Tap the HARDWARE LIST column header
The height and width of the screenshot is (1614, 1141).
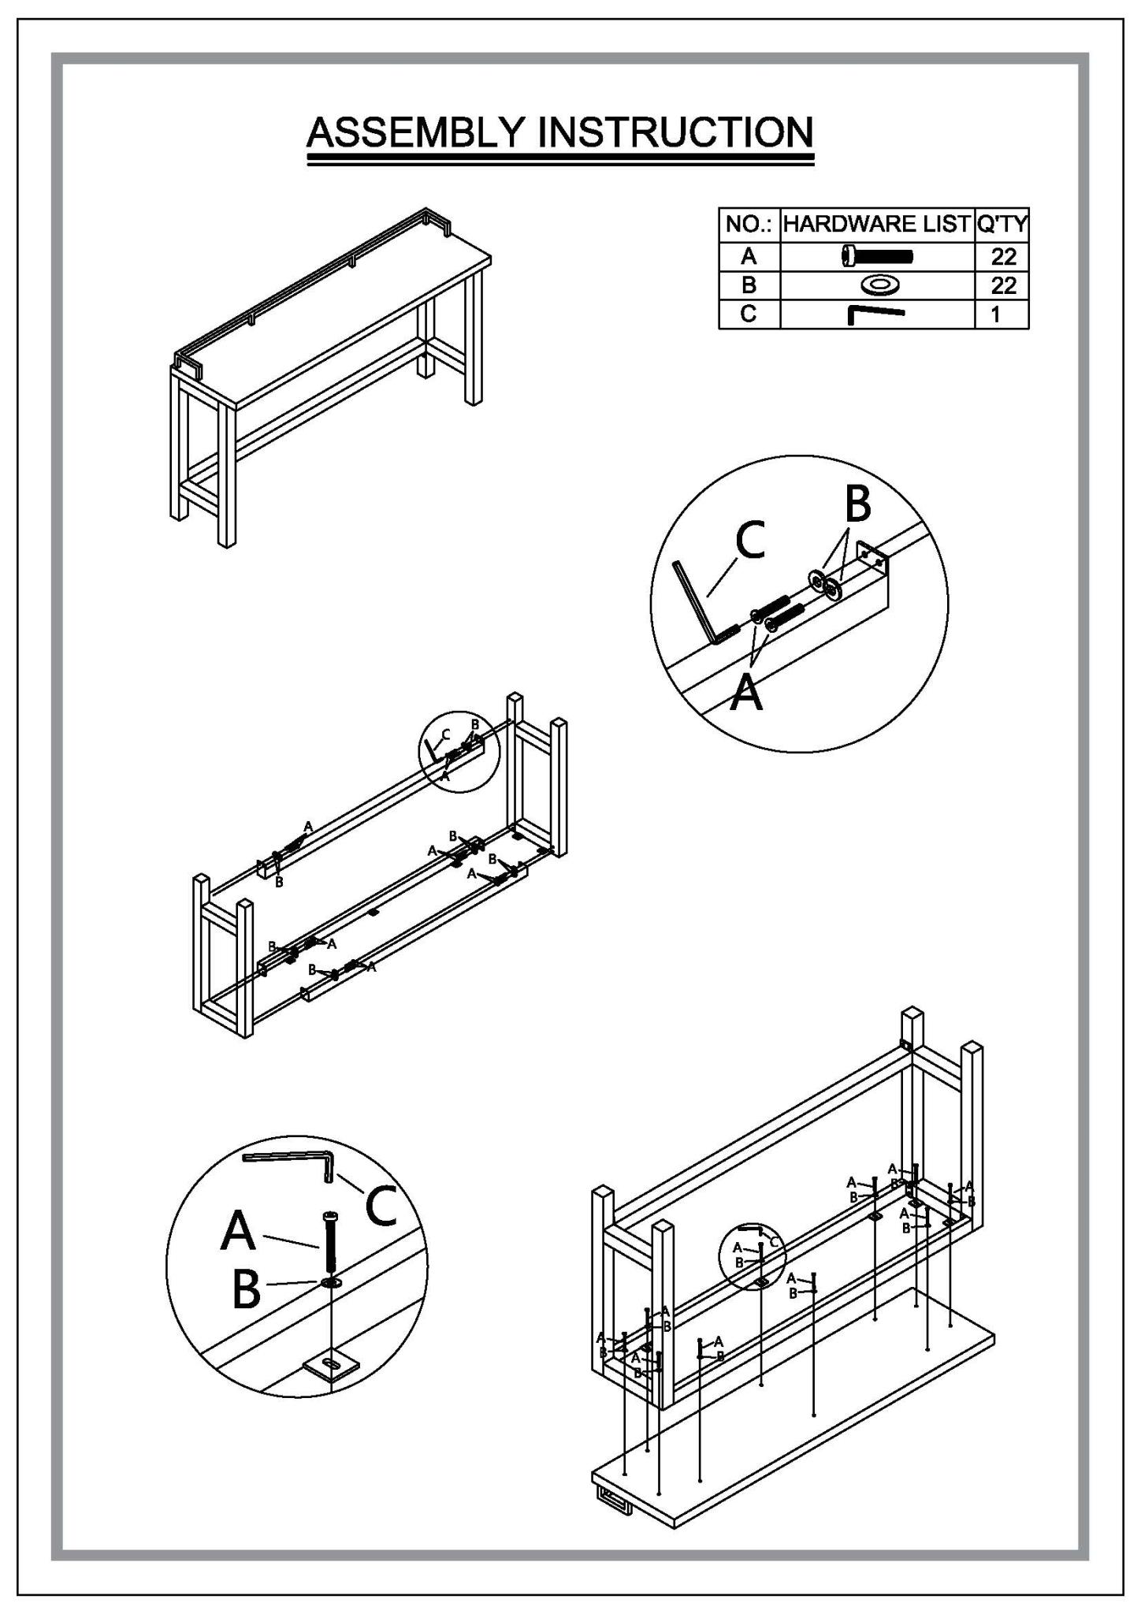point(876,225)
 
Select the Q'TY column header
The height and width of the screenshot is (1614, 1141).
point(1002,225)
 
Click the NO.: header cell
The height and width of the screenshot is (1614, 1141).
point(749,225)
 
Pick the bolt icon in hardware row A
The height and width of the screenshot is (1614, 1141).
point(877,255)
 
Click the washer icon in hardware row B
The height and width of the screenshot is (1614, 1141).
point(877,284)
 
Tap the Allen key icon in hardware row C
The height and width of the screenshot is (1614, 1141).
point(875,314)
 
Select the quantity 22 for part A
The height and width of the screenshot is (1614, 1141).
point(1003,256)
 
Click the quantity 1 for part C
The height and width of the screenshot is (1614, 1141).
point(996,314)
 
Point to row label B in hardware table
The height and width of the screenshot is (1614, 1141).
point(749,284)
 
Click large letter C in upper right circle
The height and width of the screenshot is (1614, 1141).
point(750,541)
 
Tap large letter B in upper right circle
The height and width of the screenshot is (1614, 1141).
point(857,504)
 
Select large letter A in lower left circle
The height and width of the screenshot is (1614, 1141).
point(239,1230)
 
